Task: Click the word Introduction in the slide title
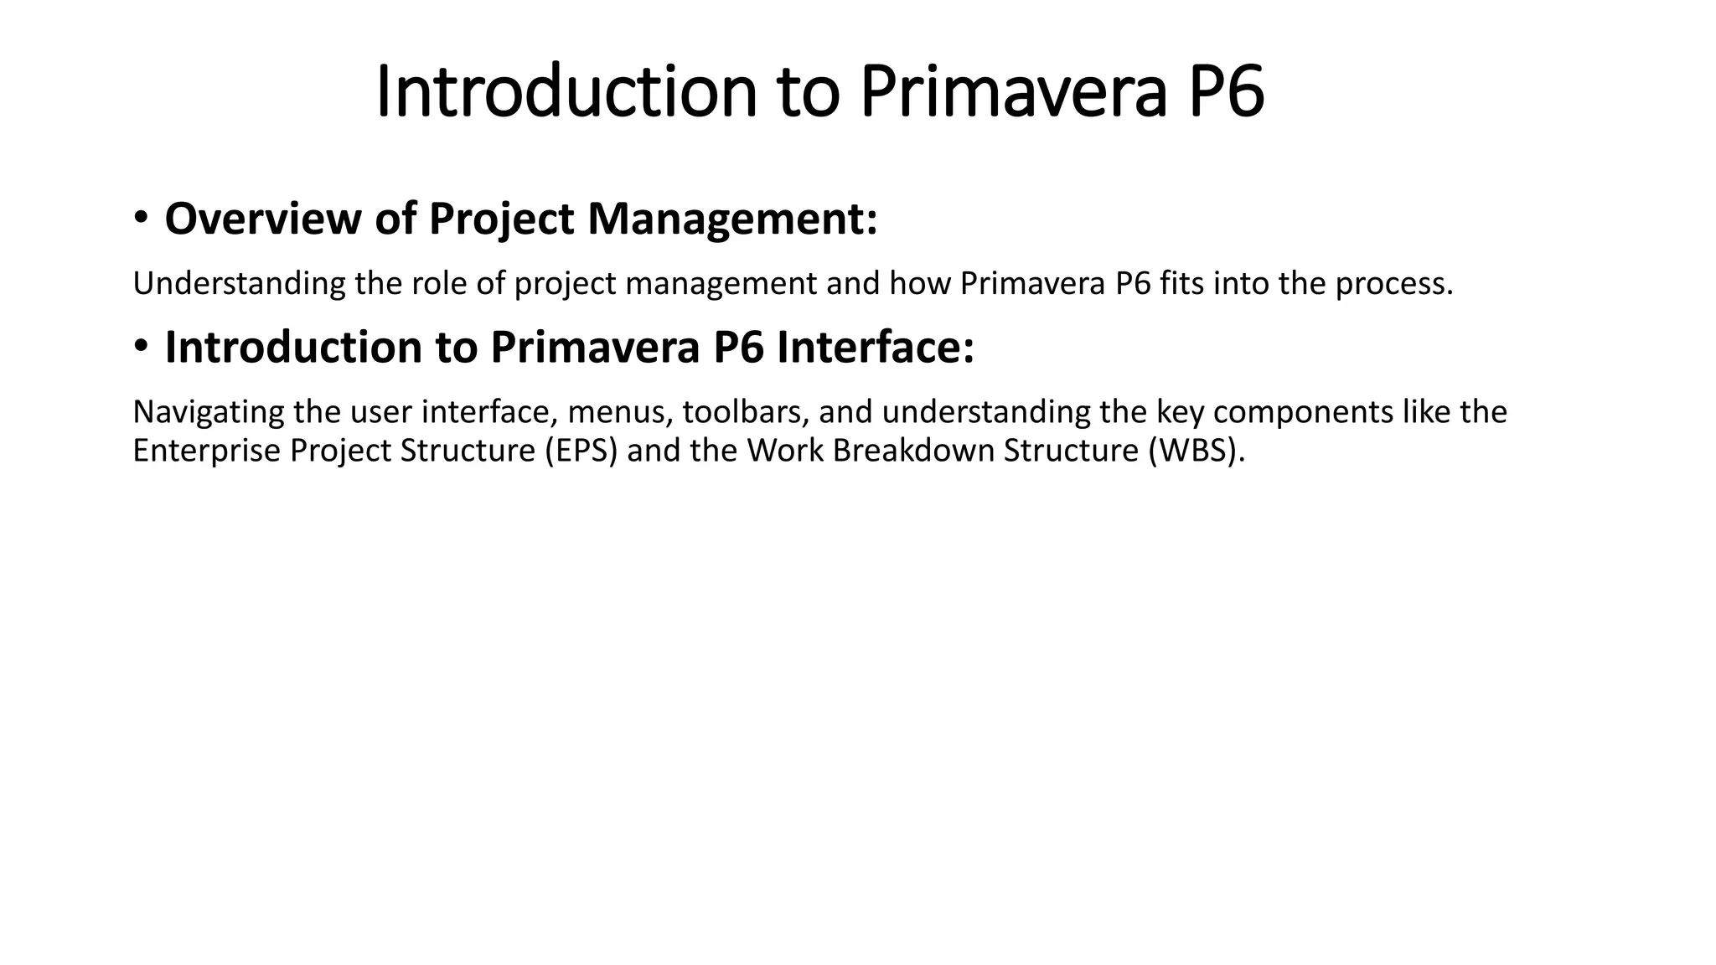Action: (x=566, y=92)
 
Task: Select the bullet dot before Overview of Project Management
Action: (x=141, y=218)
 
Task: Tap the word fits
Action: (x=1182, y=284)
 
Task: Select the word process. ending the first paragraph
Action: (x=1393, y=284)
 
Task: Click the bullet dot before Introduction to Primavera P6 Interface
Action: (x=141, y=346)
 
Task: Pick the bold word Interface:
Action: (x=876, y=347)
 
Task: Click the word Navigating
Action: (x=209, y=412)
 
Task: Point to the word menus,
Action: (x=620, y=412)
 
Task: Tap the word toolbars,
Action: (x=746, y=412)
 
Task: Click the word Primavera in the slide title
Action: (x=1013, y=92)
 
